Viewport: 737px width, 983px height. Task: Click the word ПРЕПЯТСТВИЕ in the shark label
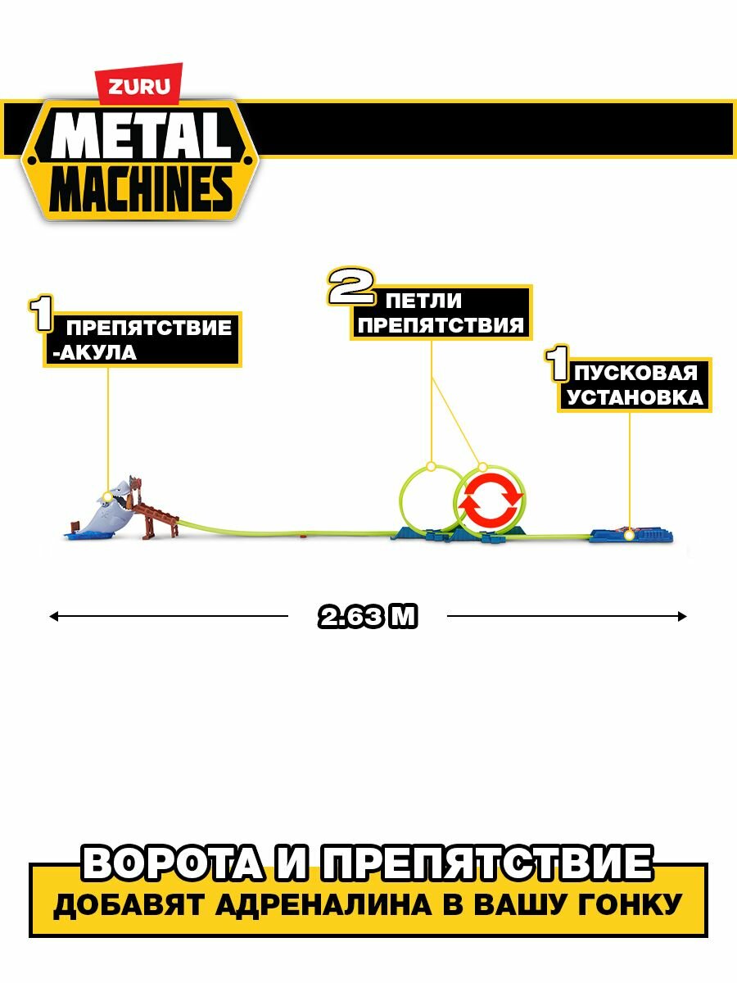pos(148,328)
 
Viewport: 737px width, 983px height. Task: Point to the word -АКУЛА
pos(91,354)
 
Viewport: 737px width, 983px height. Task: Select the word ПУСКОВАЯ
pos(635,373)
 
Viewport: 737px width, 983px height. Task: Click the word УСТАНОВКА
pos(635,397)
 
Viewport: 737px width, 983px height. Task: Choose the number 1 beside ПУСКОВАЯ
pos(559,366)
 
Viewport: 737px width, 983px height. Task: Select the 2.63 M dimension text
pos(368,617)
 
